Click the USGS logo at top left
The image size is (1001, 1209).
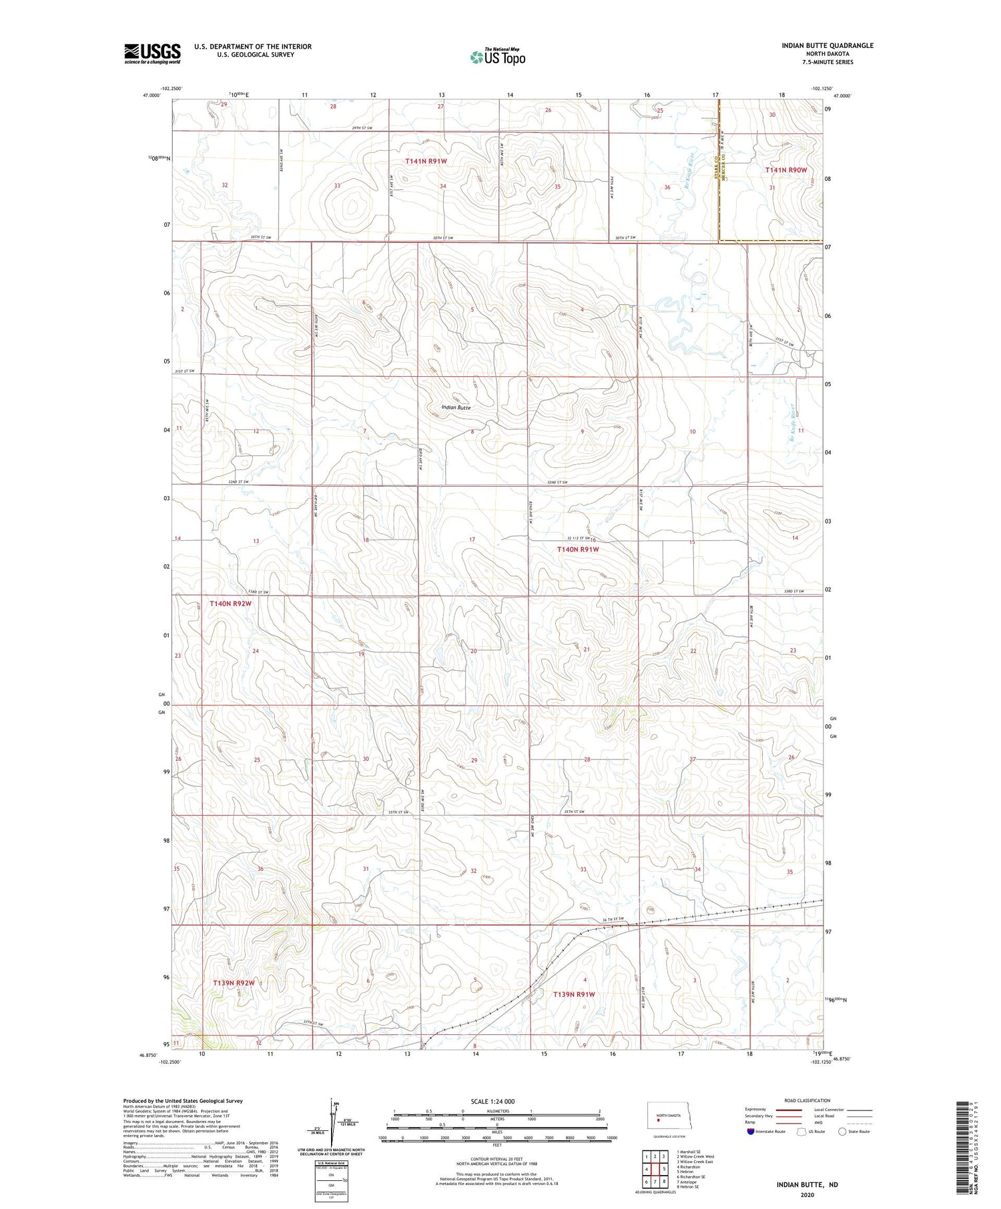click(x=151, y=53)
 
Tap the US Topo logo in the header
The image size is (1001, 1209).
click(x=497, y=57)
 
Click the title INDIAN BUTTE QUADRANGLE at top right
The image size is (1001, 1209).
click(x=827, y=45)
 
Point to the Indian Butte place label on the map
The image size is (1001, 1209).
click(x=456, y=407)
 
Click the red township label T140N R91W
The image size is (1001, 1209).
click(x=578, y=549)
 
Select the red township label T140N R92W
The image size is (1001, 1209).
click(x=231, y=603)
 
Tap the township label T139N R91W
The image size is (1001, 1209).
click(x=574, y=994)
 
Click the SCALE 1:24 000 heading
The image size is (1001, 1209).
click(x=490, y=1101)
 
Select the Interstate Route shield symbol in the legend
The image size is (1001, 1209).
click(x=751, y=1132)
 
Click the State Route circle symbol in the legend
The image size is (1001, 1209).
click(x=842, y=1132)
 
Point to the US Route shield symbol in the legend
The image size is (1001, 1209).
click(x=802, y=1132)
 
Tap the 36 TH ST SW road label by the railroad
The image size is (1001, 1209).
click(x=612, y=920)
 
